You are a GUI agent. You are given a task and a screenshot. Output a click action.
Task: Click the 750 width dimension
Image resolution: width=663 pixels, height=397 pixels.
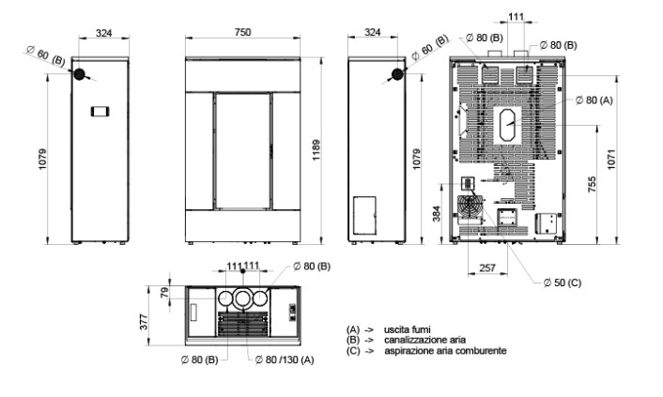point(242,32)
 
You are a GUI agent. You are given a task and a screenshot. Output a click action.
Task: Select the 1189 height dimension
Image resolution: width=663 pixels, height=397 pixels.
point(316,150)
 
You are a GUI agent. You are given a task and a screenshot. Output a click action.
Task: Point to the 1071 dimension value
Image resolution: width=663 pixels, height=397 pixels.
point(611,160)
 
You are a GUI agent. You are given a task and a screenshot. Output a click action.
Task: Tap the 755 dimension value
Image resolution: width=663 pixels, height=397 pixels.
point(592,184)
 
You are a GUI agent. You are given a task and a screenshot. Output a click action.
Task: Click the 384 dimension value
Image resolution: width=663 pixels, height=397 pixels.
point(437,213)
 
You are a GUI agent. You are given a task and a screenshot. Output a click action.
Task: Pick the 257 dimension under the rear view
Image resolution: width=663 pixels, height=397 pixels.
point(487,267)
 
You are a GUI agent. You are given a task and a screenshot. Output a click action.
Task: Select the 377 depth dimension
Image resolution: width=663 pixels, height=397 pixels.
point(144,322)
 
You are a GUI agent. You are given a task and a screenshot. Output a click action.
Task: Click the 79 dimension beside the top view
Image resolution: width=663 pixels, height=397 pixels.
point(164,292)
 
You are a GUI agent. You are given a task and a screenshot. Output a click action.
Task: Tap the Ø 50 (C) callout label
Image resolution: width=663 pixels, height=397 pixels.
point(563,282)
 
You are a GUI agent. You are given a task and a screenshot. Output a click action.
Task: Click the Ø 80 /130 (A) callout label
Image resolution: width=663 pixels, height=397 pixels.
point(285,359)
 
